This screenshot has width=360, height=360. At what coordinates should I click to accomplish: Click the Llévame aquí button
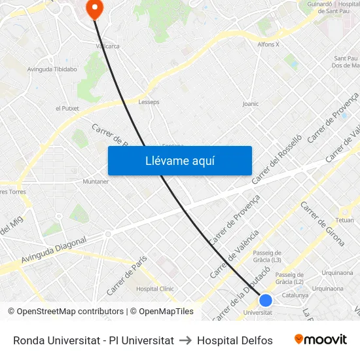coord(180,161)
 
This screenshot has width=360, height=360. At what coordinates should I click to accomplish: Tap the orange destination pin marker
coord(95,9)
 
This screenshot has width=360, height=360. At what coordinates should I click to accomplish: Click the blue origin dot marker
coord(265,300)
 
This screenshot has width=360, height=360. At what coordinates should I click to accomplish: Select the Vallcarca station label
coord(108,46)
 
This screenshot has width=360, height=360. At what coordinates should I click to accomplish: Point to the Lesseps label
coord(149,102)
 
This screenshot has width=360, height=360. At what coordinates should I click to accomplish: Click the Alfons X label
coord(268,45)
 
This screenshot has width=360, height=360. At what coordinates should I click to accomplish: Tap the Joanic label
coord(251,103)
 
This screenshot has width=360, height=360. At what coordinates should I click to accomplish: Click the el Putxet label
coord(67,109)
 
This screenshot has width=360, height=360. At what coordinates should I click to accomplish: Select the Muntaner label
coord(96,181)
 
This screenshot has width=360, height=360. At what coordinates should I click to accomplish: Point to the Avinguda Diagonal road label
coord(54,251)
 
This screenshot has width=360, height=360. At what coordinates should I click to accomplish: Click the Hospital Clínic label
coord(154,288)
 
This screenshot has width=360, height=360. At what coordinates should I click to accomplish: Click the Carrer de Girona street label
coord(322,223)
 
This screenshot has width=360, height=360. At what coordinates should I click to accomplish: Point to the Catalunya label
coord(295,295)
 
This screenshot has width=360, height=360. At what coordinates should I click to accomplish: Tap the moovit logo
coord(321,340)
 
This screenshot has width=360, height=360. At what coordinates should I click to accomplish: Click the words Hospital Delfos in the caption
coord(234,340)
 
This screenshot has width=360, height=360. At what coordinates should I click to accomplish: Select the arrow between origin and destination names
coord(185,340)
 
